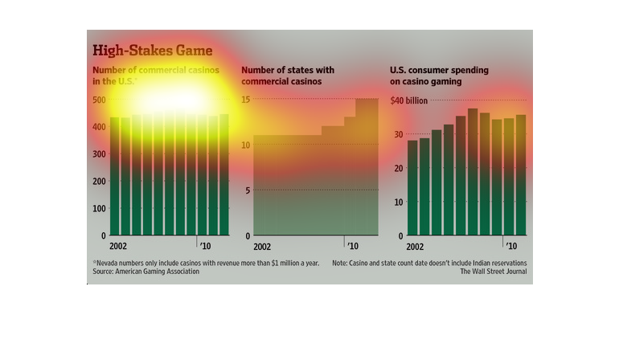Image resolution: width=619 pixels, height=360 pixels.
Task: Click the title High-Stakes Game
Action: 152,51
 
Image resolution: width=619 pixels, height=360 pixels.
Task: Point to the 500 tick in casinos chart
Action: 99,100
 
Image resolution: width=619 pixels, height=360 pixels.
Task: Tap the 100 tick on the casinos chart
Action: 99,208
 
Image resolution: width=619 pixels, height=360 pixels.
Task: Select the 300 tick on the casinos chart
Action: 99,154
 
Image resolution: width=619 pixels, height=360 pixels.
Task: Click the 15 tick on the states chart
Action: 248,100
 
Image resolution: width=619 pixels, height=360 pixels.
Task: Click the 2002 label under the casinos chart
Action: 119,245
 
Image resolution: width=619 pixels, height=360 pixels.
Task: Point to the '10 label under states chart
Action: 354,245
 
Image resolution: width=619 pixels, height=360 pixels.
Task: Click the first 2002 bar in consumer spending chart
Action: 412,188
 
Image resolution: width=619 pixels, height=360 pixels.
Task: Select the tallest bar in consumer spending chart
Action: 473,172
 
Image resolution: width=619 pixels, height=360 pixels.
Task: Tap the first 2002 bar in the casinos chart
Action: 114,177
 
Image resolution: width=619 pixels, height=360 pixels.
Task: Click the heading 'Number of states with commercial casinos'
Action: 282,76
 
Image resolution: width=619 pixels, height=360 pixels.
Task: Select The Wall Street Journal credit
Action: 494,272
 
